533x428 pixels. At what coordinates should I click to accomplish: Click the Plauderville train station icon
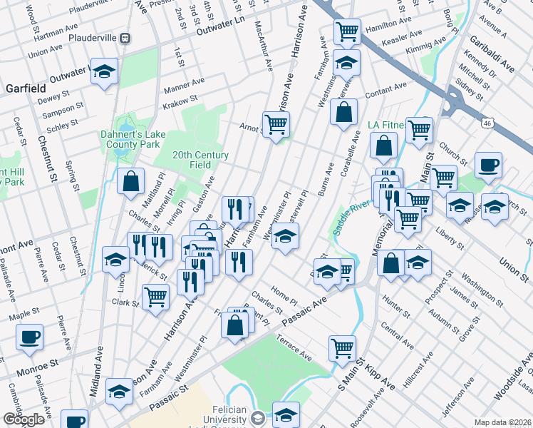click(x=125, y=38)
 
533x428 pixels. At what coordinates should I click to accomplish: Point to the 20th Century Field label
click(x=200, y=160)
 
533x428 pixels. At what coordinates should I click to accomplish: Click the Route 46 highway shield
click(x=486, y=123)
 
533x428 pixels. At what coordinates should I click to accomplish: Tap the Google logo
click(x=24, y=419)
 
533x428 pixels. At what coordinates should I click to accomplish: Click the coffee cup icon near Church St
click(x=488, y=165)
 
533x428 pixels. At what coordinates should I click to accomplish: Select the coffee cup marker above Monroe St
click(x=29, y=336)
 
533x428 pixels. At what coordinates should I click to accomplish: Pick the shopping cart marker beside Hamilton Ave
click(x=346, y=31)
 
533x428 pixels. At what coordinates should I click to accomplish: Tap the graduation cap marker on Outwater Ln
click(x=105, y=72)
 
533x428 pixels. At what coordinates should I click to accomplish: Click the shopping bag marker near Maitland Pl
click(x=132, y=180)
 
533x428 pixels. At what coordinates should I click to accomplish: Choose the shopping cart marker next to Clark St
click(x=155, y=295)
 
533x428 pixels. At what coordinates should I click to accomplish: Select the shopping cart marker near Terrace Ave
click(x=343, y=348)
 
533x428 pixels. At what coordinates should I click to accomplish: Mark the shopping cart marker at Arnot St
click(x=275, y=124)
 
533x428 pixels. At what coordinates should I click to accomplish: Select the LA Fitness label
click(x=385, y=125)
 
